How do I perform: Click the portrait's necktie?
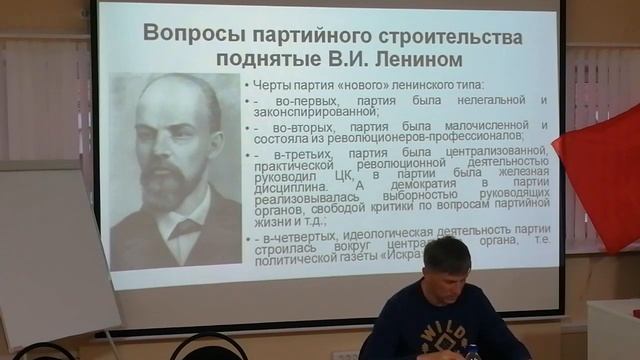(x=183, y=228)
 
